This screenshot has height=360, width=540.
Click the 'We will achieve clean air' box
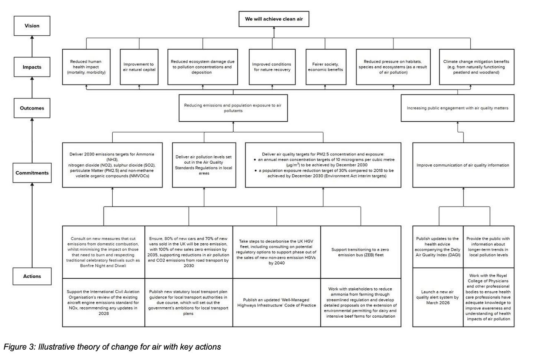pos(274,19)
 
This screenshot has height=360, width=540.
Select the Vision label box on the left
pos(32,26)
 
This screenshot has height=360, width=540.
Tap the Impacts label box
pos(32,67)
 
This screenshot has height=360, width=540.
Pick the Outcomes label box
pos(32,108)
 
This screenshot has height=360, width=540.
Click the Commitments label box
pos(32,173)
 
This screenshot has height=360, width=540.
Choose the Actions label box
pos(32,276)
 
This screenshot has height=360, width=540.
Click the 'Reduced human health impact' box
pos(86,67)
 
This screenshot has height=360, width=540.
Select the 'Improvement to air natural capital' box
pos(139,67)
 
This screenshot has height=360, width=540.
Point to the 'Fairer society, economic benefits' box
pos(325,67)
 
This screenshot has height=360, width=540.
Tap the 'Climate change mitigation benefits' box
pos(476,67)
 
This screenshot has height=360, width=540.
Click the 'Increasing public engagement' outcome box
pos(457,108)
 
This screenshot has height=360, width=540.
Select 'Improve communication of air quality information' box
pos(463,165)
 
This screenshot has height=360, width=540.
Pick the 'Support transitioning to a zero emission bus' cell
pos(360,252)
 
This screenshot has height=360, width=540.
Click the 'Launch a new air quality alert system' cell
pos(438,297)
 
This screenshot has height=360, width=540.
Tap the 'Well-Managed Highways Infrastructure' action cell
pos(277,302)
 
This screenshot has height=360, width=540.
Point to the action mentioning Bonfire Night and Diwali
pos(103,252)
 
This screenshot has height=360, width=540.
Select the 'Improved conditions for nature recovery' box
pos(272,67)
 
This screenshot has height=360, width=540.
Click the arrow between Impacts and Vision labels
pos(32,46)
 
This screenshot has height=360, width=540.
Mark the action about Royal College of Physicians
pos(488,297)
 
